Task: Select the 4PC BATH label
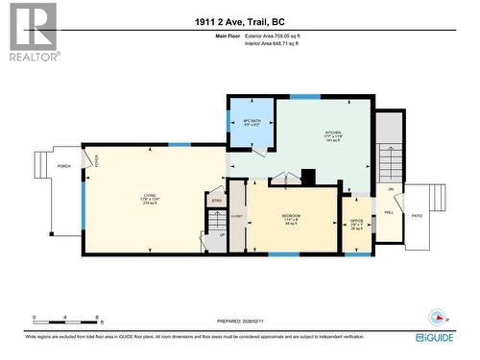252,123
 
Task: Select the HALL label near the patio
389,213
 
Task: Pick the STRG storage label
217,201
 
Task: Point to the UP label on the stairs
223,235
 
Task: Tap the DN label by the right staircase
391,189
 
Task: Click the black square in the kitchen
307,177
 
